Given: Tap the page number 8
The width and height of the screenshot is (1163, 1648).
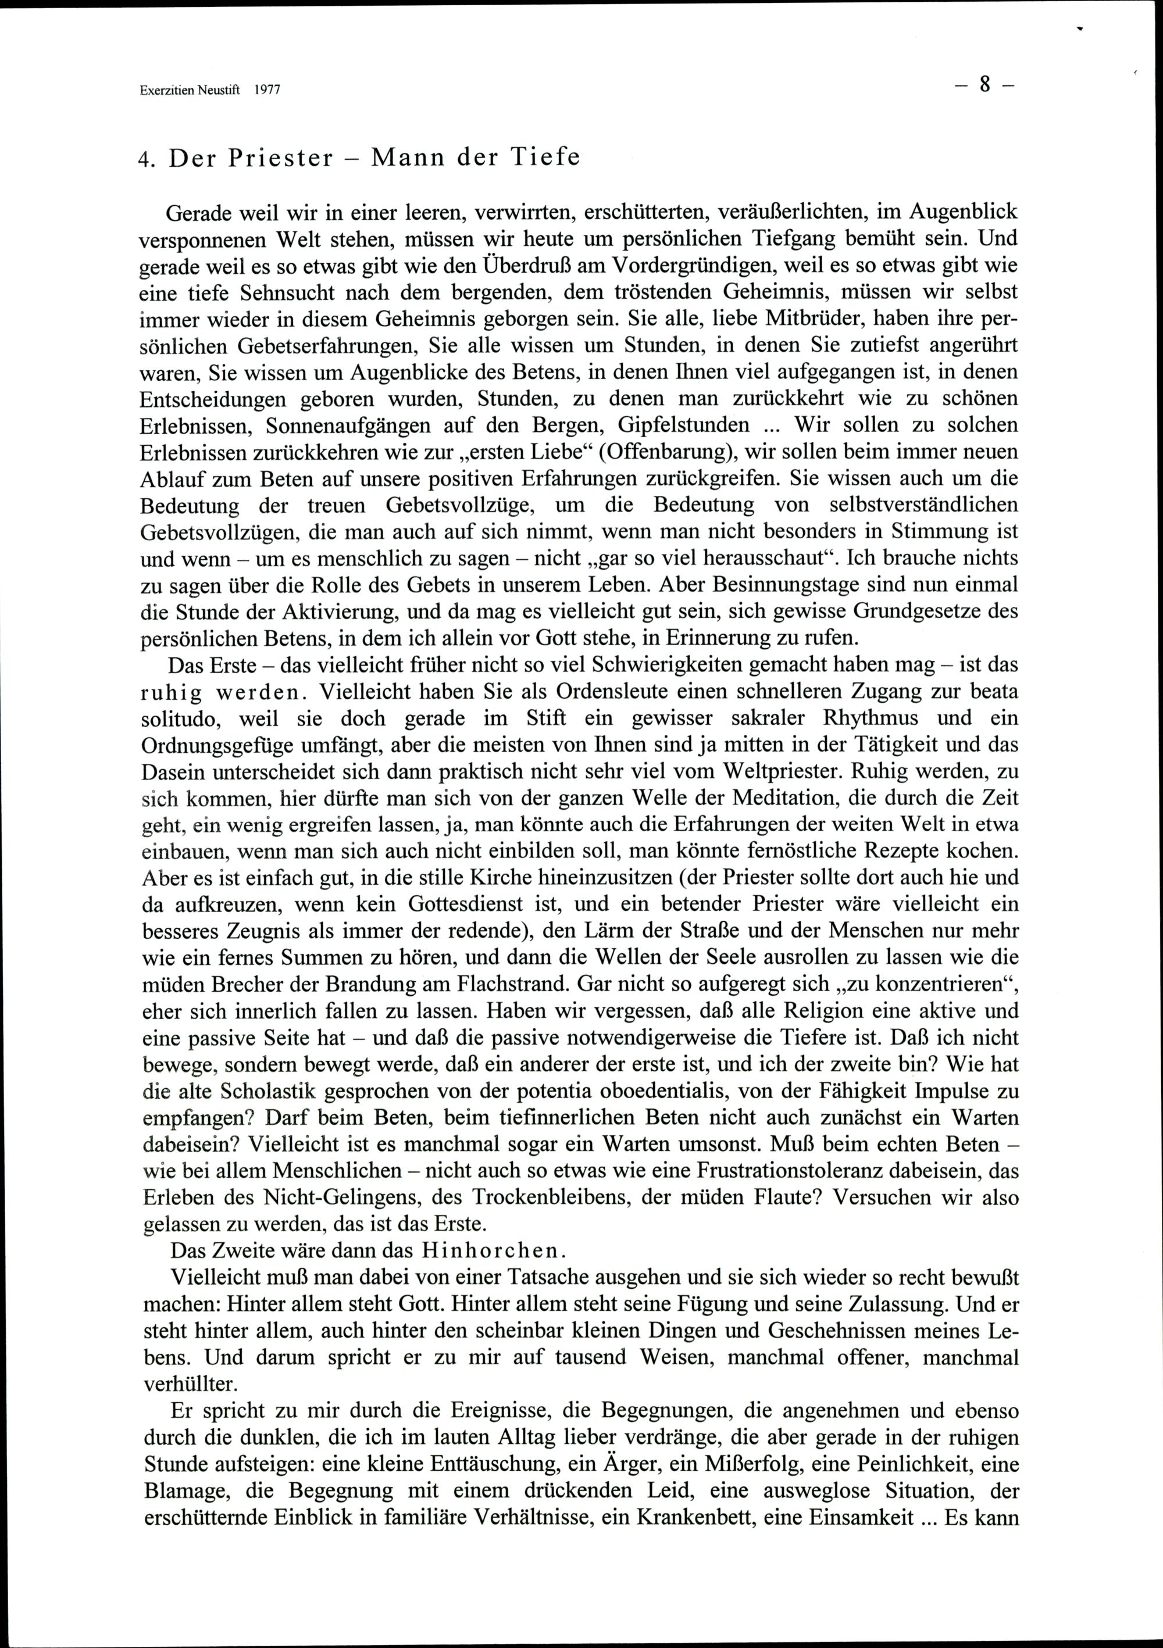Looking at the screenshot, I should click(984, 85).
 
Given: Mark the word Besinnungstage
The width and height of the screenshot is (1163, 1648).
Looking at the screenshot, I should click(763, 584).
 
